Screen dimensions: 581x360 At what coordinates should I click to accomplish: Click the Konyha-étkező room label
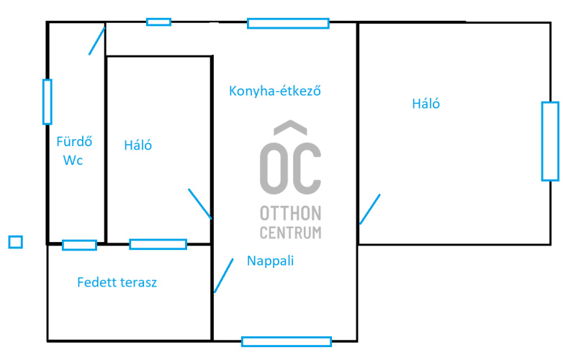point(274,91)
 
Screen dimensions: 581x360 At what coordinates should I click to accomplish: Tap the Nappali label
point(270,261)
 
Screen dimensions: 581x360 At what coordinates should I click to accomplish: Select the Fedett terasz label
point(117,282)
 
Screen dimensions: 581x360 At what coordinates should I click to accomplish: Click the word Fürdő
point(74,141)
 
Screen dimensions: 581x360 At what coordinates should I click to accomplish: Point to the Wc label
point(73,160)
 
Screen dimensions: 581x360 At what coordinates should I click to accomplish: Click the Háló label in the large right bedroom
point(425,104)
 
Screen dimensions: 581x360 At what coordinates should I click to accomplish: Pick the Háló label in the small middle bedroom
point(138,145)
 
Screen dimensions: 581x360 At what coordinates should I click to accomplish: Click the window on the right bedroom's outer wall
point(550,141)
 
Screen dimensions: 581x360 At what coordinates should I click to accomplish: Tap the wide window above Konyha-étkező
point(288,23)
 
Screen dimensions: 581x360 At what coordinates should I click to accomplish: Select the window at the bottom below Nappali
point(287,341)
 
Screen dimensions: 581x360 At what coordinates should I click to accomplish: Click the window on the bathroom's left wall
point(48,102)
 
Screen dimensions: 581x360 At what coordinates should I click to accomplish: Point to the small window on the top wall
point(158,22)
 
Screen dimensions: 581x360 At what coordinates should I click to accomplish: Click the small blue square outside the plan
point(16,242)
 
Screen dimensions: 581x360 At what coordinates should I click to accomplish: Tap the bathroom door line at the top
point(97,41)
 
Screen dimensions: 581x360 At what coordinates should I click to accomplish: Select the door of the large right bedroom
point(370,209)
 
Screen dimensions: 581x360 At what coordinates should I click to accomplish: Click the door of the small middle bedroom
point(200,204)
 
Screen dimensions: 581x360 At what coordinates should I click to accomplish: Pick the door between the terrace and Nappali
point(224,276)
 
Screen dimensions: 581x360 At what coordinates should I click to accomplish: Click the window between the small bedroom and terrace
point(158,244)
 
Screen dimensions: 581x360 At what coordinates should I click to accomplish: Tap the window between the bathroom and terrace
point(80,245)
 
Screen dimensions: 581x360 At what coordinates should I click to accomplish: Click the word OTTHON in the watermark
point(291,214)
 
